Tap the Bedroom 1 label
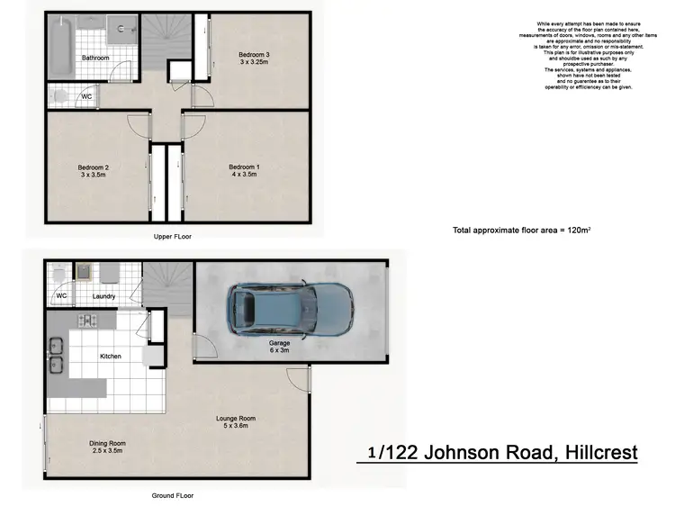pos(243,171)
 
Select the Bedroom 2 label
pos(94,171)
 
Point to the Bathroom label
pos(95,59)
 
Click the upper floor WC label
pos(86,95)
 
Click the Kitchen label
pos(110,357)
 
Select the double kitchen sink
pos(55,354)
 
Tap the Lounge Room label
pos(236,421)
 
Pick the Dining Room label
pos(106,446)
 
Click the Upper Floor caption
pos(174,236)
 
